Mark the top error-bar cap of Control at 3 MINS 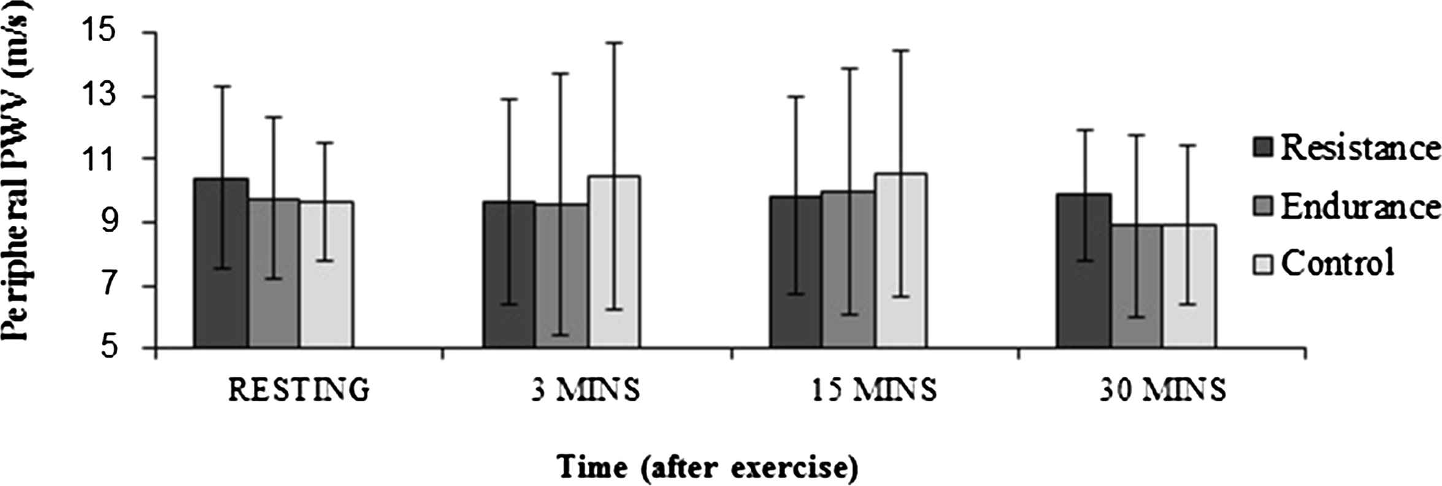point(614,43)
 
